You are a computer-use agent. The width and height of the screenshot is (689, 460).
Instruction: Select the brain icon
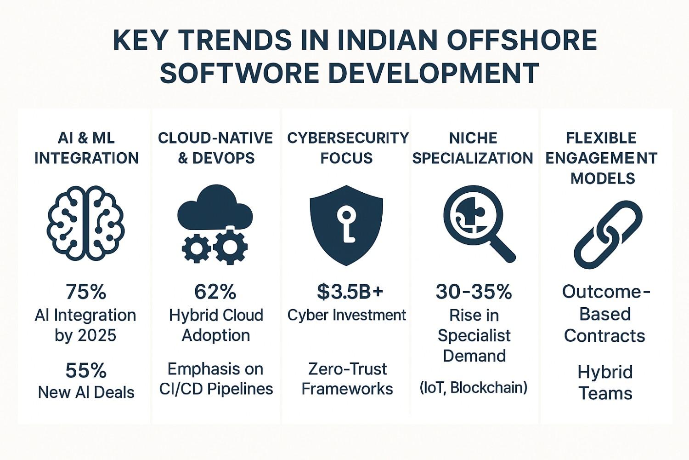click(x=85, y=223)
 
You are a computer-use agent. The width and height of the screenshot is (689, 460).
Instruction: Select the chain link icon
click(x=608, y=234)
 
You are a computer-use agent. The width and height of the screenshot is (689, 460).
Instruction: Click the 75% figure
click(x=86, y=292)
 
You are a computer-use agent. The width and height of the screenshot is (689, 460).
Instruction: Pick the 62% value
click(x=215, y=292)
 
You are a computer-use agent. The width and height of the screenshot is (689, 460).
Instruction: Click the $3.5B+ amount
click(x=350, y=292)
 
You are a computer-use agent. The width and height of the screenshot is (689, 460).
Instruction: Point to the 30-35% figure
click(x=474, y=292)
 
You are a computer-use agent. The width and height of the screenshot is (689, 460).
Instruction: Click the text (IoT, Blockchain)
click(x=474, y=388)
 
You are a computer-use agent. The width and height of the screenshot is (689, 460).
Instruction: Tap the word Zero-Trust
click(x=347, y=369)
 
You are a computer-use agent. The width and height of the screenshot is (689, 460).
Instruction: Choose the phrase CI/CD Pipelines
click(x=216, y=389)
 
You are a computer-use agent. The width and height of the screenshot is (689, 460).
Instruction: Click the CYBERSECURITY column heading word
click(x=348, y=138)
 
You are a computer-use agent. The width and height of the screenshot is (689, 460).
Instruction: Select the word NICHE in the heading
click(x=473, y=138)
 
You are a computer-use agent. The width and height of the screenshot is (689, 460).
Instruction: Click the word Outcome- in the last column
click(x=606, y=292)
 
